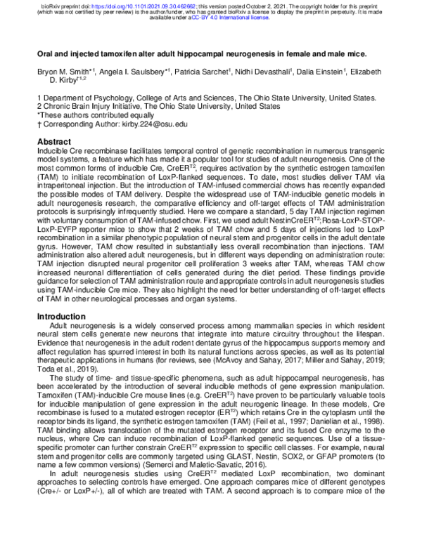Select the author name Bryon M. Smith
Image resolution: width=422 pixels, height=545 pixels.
point(63,72)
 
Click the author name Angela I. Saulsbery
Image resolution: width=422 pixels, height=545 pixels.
point(129,72)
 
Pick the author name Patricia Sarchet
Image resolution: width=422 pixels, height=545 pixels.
point(204,72)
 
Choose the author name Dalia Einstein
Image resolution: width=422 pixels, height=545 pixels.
point(324,72)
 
